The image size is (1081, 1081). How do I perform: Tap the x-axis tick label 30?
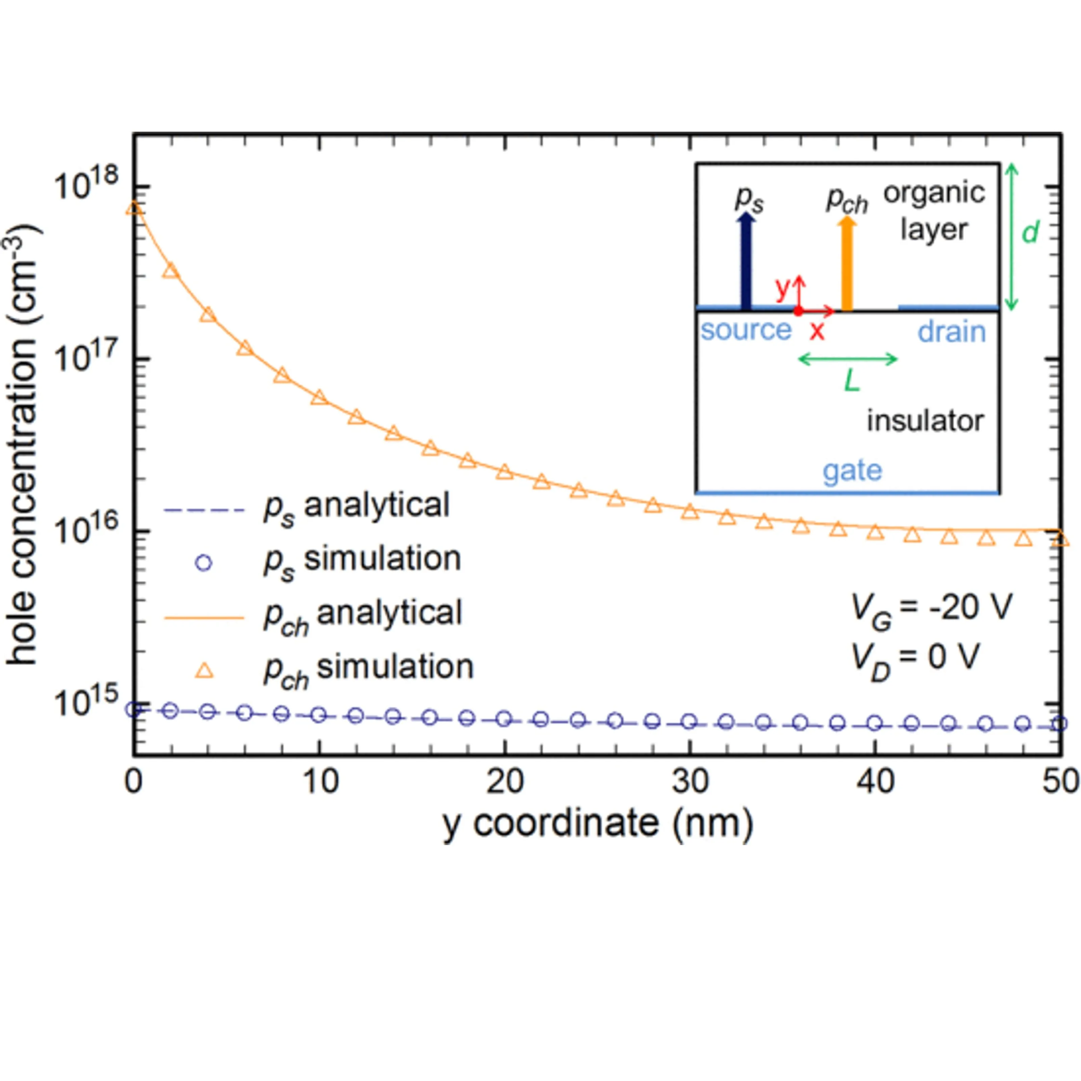point(690,782)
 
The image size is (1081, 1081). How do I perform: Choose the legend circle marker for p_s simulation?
point(204,563)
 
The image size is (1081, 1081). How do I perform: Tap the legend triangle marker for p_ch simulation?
point(204,670)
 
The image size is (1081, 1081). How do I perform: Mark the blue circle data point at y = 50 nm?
point(1059,724)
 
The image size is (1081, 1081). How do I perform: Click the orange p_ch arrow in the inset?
point(847,263)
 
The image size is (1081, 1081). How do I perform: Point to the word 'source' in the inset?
point(746,330)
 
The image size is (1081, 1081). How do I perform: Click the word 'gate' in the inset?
point(852,471)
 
